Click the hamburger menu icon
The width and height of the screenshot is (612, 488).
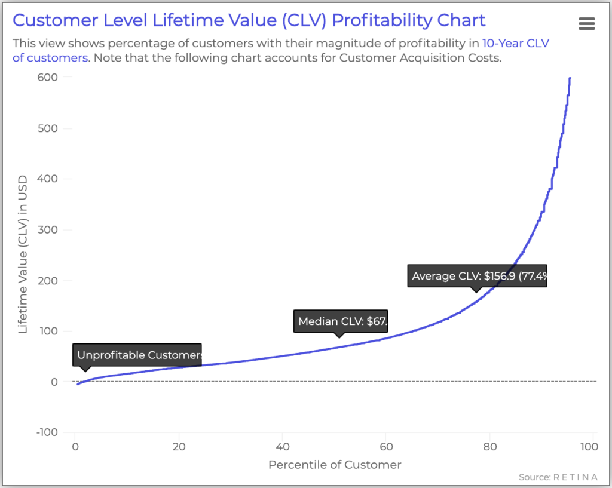[x=587, y=24]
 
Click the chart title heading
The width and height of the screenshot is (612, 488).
[x=249, y=20]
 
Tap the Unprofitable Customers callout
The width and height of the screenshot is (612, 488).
[x=137, y=355]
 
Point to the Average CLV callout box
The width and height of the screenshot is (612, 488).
[x=477, y=277]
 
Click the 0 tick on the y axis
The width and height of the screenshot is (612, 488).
[x=54, y=382]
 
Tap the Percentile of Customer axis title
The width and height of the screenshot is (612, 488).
[x=335, y=465]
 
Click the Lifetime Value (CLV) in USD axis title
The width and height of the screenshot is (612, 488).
[x=23, y=254]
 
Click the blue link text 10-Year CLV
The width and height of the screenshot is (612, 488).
[x=515, y=44]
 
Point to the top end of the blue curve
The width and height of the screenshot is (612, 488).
[x=570, y=78]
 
